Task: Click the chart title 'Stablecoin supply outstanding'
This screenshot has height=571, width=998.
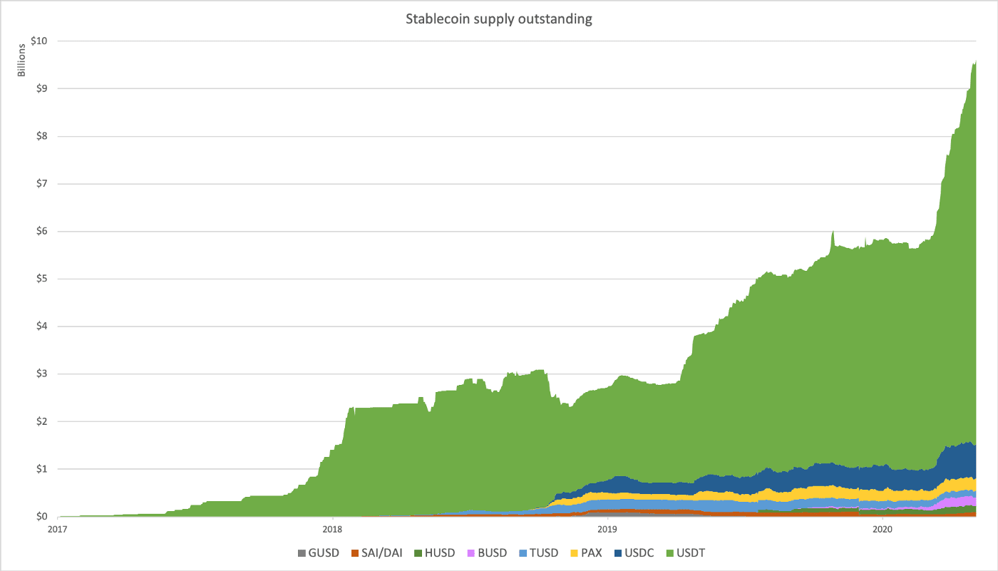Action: coord(499,19)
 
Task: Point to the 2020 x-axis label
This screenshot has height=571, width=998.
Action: coord(883,529)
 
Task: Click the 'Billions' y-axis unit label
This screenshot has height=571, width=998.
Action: coord(21,59)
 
